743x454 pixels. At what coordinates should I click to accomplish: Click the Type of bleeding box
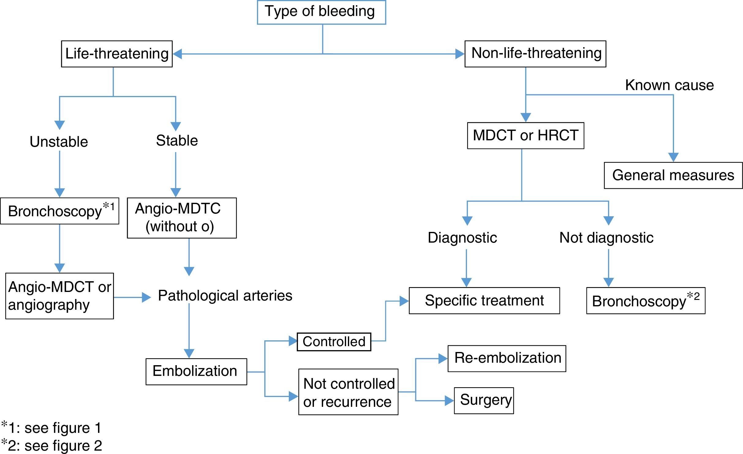(x=321, y=12)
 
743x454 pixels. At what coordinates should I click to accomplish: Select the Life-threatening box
(x=117, y=54)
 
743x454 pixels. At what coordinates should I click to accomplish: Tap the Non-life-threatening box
(x=535, y=54)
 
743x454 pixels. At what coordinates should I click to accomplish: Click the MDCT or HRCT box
(x=525, y=136)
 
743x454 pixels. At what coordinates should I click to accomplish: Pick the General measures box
(x=673, y=176)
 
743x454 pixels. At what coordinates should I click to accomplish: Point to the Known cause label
(x=669, y=85)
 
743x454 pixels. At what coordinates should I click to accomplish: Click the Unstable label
(x=59, y=142)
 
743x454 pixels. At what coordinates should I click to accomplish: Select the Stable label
(x=177, y=141)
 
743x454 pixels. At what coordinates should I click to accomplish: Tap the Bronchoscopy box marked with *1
(x=59, y=211)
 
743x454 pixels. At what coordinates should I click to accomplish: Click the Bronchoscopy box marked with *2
(x=646, y=301)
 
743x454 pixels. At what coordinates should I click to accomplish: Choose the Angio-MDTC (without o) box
(x=182, y=218)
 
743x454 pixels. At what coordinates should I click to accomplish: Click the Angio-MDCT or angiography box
(x=59, y=296)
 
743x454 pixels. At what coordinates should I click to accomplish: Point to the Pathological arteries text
(x=225, y=296)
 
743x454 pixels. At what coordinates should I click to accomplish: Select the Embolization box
(x=196, y=372)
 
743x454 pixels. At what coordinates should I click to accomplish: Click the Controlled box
(x=334, y=342)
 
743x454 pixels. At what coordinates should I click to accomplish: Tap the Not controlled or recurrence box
(x=348, y=392)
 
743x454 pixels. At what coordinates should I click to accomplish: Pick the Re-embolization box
(x=507, y=358)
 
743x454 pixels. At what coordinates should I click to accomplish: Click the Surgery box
(x=484, y=400)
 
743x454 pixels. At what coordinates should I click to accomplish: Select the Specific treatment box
(x=484, y=301)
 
